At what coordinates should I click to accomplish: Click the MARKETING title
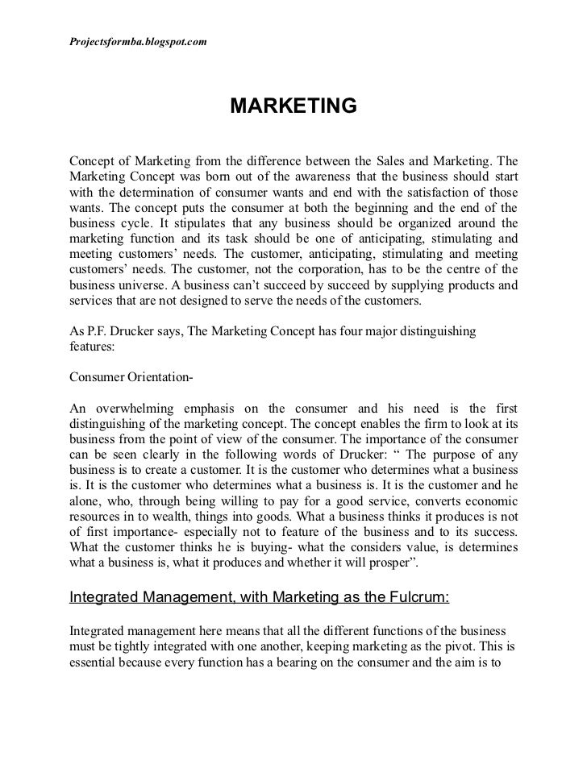pyautogui.click(x=293, y=106)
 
